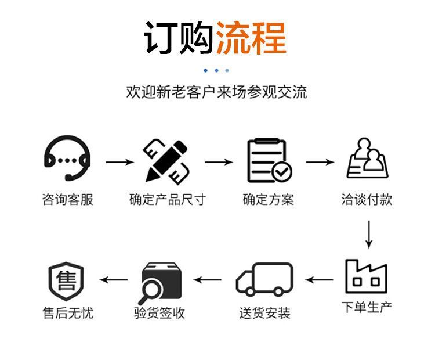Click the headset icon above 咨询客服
coord(67,159)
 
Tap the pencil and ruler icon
coord(166,160)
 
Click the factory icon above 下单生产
coord(366,275)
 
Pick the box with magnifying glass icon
coord(161,280)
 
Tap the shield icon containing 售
coord(66,280)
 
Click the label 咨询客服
coord(67,200)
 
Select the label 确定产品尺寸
coord(167,200)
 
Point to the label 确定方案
coord(268,200)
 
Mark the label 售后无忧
coord(67,313)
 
